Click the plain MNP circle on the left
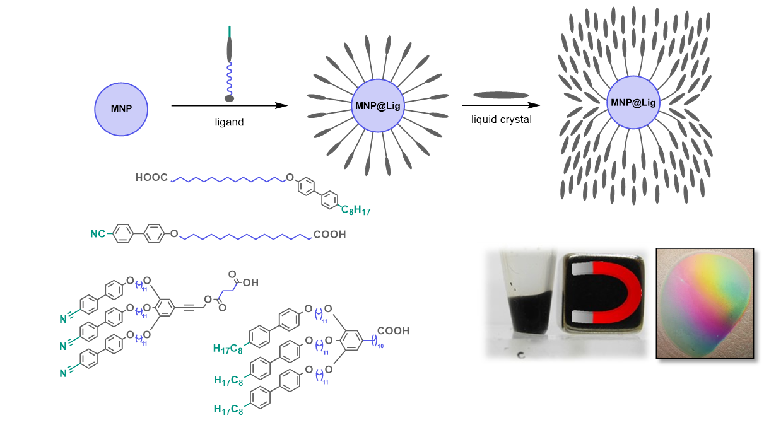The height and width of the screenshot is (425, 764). point(121,109)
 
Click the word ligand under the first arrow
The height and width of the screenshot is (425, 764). point(229,122)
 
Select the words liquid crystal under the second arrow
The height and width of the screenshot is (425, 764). point(502,120)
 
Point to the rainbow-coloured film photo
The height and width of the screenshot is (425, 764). point(705,303)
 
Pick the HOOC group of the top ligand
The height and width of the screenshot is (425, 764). point(151,178)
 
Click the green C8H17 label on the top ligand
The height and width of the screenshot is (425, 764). point(356,210)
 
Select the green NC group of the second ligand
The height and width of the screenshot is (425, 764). point(98,234)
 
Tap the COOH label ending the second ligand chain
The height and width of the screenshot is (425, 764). point(329,235)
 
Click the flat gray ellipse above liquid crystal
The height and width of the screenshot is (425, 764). point(501,95)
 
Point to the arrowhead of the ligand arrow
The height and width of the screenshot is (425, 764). point(281,106)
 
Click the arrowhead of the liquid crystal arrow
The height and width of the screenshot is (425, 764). point(534,105)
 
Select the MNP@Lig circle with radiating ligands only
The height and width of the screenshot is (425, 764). point(378,106)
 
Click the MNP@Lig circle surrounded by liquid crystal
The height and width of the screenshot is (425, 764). point(633,103)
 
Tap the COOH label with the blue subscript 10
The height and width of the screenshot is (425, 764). point(393,330)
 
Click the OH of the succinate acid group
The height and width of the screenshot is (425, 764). point(250,282)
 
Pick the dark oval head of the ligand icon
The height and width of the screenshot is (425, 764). point(229,99)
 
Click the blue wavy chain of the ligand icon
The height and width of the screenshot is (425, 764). point(230,79)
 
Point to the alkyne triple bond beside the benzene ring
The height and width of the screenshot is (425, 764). point(189,308)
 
